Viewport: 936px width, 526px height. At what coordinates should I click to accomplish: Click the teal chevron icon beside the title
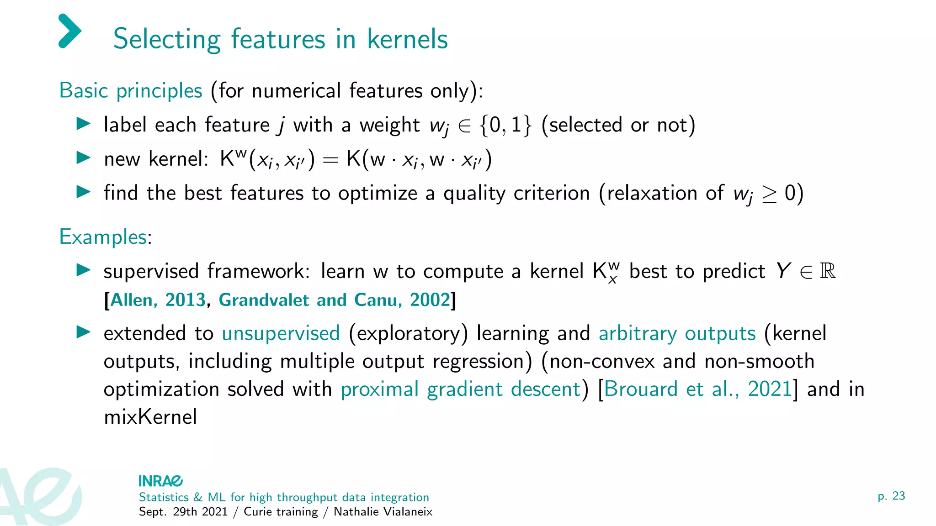70,31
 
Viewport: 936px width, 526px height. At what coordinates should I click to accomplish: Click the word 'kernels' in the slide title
407,39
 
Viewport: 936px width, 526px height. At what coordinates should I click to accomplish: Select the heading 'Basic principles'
131,90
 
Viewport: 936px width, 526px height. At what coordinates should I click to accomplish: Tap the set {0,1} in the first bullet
506,125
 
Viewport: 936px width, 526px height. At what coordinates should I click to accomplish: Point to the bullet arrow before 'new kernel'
84,158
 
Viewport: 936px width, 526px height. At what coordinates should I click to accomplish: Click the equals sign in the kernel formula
330,160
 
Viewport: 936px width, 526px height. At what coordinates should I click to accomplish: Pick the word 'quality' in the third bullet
474,193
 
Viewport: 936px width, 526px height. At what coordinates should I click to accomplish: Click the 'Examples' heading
103,237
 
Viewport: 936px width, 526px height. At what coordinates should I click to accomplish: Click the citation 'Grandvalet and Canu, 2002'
335,300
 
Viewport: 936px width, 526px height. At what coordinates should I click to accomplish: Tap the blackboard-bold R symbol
828,271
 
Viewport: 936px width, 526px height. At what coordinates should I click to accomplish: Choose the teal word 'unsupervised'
281,333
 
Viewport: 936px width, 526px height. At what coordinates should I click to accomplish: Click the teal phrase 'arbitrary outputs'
677,333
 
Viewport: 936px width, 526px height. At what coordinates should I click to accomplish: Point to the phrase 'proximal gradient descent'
461,389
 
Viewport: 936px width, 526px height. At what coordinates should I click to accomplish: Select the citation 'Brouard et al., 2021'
697,389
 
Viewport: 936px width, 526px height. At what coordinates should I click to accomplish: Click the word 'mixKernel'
150,417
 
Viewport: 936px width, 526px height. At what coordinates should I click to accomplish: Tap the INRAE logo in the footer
160,481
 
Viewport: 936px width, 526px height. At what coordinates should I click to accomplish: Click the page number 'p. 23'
891,496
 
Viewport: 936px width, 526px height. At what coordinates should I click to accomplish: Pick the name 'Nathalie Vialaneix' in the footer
383,511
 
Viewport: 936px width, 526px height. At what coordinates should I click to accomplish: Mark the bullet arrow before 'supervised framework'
84,270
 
